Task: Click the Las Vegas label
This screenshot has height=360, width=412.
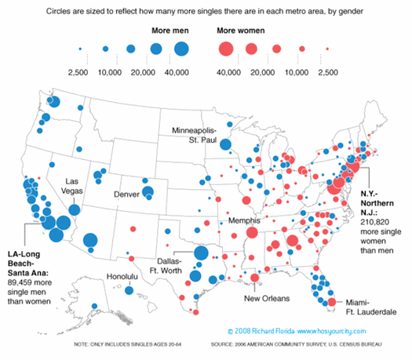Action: (x=71, y=186)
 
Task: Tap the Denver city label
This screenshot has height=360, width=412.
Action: (x=126, y=195)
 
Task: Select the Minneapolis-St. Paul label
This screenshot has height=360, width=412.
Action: (x=194, y=135)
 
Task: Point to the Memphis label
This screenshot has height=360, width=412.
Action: (x=244, y=220)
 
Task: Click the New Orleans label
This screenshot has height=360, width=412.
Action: (x=267, y=298)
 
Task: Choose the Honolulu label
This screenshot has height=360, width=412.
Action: (x=122, y=276)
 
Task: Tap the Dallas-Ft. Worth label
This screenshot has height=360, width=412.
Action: (x=166, y=266)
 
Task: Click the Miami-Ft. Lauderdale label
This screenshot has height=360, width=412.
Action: (x=371, y=307)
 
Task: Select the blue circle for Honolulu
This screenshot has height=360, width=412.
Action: (x=129, y=291)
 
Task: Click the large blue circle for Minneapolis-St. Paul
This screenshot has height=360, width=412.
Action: (x=225, y=144)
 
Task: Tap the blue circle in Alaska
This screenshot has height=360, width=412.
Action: (x=95, y=306)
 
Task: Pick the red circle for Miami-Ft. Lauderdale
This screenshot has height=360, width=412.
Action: (x=332, y=302)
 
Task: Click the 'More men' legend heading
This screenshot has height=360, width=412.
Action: (x=170, y=31)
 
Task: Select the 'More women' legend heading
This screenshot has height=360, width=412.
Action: (x=241, y=31)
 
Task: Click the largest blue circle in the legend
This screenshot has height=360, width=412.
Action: (x=181, y=49)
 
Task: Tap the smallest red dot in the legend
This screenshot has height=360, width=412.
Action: (x=327, y=49)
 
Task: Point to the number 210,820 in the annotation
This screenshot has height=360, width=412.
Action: (x=374, y=222)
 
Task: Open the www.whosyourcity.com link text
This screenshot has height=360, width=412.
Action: (x=332, y=331)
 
